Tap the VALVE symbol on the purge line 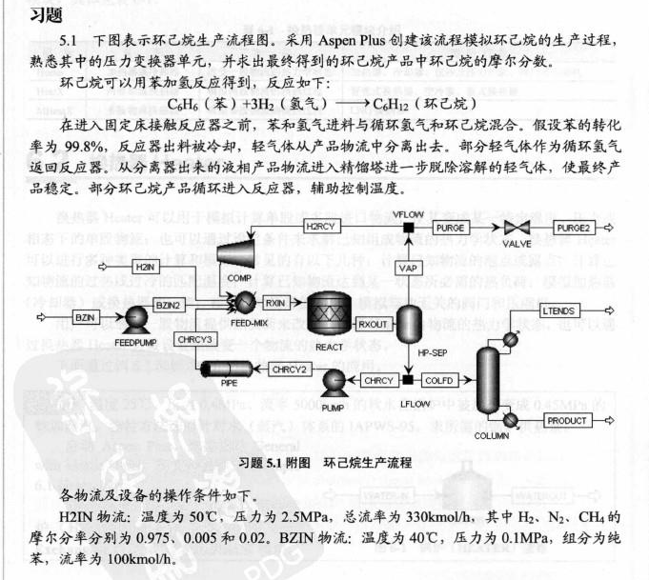[518, 230]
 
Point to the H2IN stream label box [144, 267]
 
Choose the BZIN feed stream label [87, 315]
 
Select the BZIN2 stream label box [167, 305]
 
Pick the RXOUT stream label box [373, 325]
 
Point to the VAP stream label [409, 270]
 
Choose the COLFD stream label [437, 381]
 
